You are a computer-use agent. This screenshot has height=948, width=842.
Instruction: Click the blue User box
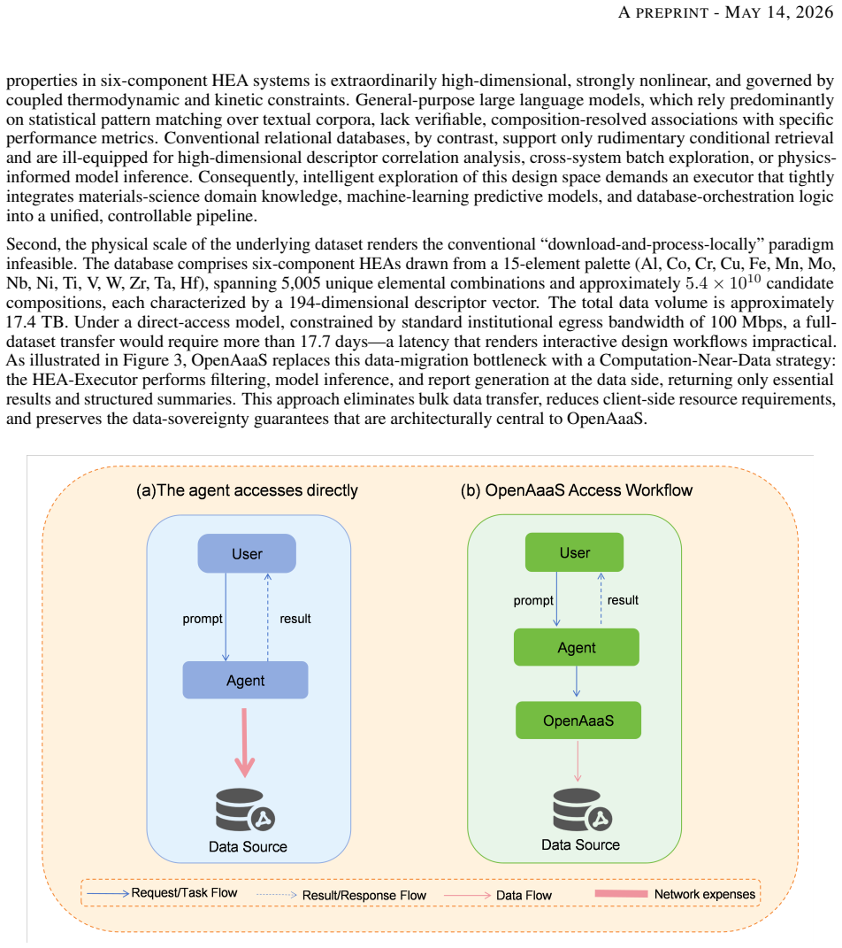[x=247, y=553]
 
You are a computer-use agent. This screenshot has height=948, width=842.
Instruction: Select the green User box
[x=574, y=552]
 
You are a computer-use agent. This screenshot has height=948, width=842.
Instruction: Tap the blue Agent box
[x=245, y=680]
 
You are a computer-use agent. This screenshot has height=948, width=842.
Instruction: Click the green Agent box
[x=577, y=647]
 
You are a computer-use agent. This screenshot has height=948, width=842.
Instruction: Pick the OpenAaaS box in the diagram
[x=578, y=720]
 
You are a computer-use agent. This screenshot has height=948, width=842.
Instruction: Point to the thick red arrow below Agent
[x=245, y=743]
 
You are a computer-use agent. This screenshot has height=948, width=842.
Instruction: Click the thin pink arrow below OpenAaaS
[x=578, y=761]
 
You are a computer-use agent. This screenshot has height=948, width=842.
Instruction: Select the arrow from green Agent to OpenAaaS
[x=577, y=682]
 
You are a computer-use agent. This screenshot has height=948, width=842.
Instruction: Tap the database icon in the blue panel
[x=245, y=810]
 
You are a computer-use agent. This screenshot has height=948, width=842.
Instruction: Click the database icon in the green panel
[x=582, y=810]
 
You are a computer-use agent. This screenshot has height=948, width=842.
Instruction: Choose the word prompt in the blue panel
[x=203, y=619]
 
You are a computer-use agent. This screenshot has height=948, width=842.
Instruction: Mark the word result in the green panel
[x=623, y=600]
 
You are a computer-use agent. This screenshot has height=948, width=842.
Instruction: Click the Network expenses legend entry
[x=675, y=894]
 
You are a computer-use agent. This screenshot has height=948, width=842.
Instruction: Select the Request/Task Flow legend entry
[x=162, y=893]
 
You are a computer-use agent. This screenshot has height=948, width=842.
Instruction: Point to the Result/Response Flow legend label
[x=364, y=896]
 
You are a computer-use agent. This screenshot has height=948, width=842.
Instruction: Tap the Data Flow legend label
[x=524, y=896]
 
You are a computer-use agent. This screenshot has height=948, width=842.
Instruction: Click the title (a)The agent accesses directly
[x=247, y=490]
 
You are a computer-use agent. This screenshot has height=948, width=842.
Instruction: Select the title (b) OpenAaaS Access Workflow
[x=577, y=490]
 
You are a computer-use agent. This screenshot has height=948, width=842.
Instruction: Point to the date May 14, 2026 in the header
[x=779, y=12]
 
